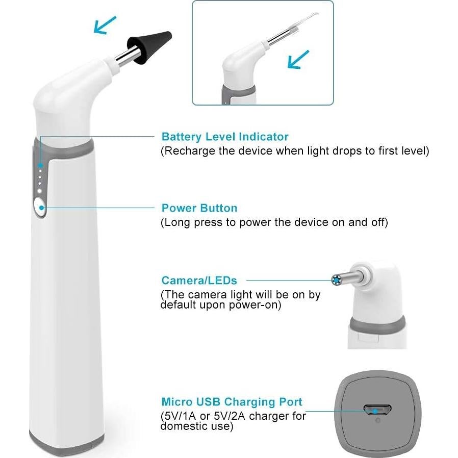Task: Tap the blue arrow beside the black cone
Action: click(105, 24)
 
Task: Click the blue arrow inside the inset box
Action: click(297, 59)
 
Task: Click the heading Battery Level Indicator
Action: click(224, 137)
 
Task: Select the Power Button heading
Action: click(199, 208)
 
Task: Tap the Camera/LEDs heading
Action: click(199, 281)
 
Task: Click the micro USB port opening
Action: click(377, 410)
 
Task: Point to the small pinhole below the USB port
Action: click(377, 421)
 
